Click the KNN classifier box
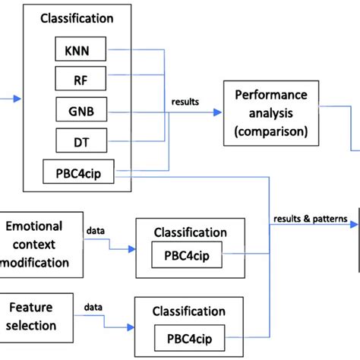click(80, 50)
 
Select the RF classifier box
click(80, 80)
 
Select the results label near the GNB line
click(185, 100)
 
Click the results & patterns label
click(310, 219)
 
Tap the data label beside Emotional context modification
click(96, 228)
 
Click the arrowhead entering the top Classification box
click(18, 98)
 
